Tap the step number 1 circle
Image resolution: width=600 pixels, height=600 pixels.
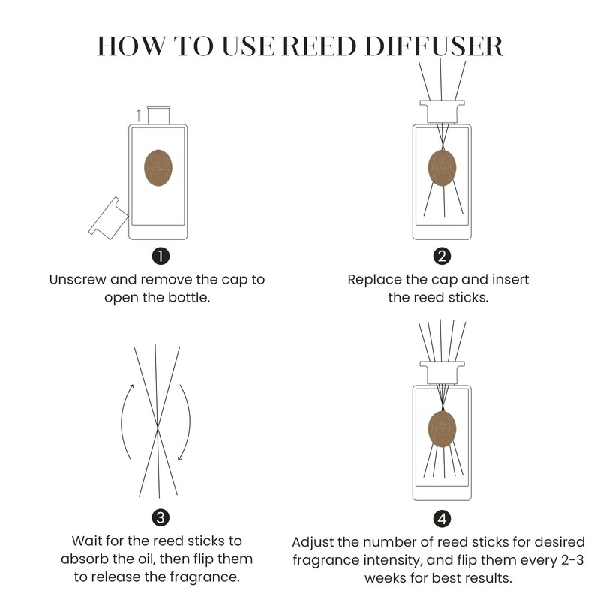(158, 256)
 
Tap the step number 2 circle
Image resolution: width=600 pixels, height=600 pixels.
(442, 256)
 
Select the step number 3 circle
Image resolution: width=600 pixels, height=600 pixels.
(158, 517)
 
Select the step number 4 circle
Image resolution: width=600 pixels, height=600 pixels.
(442, 517)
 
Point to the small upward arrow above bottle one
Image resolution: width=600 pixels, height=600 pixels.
(137, 113)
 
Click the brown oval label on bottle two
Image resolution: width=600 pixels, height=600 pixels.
(442, 168)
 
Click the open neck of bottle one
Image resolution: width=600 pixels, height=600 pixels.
(158, 115)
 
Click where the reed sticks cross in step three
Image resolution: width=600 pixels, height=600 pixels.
(157, 433)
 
